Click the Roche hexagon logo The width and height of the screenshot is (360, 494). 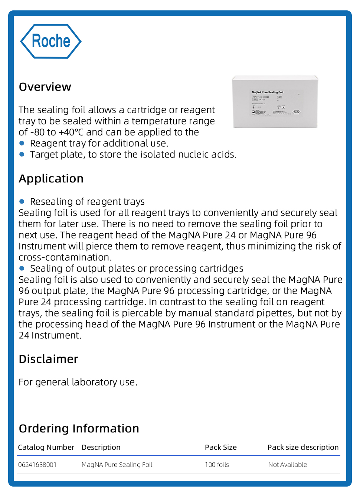[x=50, y=41]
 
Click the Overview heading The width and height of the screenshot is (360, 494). [x=45, y=87]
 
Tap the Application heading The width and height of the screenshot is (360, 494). [x=51, y=179]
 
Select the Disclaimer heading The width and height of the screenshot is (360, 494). [x=48, y=359]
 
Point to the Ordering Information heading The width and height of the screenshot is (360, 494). [x=79, y=429]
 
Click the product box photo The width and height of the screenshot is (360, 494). [x=275, y=101]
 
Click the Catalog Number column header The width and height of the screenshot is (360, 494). [x=46, y=447]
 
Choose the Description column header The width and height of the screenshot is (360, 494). [x=101, y=447]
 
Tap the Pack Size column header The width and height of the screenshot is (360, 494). [x=220, y=447]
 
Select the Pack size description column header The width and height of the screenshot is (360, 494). [x=303, y=447]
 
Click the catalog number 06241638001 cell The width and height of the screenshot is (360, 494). [x=37, y=465]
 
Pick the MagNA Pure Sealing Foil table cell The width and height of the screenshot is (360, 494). [x=117, y=465]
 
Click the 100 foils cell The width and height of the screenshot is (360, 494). [x=217, y=465]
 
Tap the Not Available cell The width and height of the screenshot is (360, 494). [x=288, y=465]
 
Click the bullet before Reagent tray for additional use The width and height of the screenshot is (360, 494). [x=22, y=143]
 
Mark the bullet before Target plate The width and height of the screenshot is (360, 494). [x=22, y=154]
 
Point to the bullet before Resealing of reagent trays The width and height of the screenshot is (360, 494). [x=22, y=201]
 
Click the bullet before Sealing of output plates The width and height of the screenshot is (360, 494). [x=22, y=268]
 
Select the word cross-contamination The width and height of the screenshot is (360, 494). [x=65, y=257]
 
